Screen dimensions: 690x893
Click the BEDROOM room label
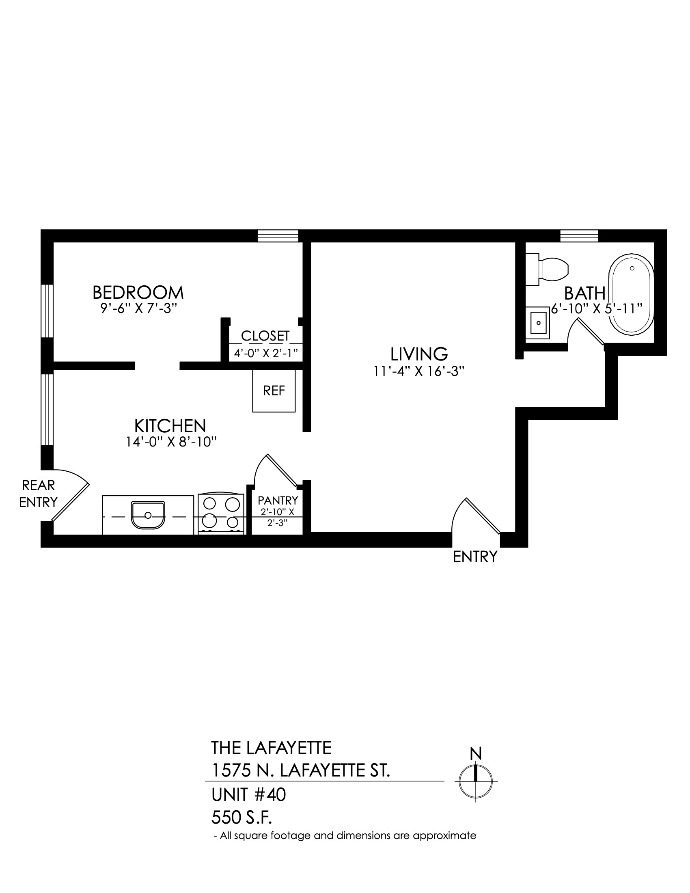point(138,292)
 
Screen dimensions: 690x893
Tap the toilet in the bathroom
point(547,269)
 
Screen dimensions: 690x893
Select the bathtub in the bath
point(632,293)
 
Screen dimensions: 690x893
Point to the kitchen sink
point(148,515)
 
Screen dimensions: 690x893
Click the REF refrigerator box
point(274,390)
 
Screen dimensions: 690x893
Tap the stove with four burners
point(221,514)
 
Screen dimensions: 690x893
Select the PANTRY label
point(278,500)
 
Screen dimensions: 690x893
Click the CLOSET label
point(265,336)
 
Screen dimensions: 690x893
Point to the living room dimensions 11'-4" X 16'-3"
point(419,371)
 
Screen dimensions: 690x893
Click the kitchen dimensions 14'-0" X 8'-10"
point(171,442)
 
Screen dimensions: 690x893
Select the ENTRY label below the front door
point(475,557)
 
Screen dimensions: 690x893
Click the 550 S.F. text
point(241,818)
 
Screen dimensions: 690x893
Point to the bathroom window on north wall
point(579,236)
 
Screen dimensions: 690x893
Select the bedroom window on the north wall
point(278,236)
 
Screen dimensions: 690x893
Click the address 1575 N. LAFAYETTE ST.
point(300,771)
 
